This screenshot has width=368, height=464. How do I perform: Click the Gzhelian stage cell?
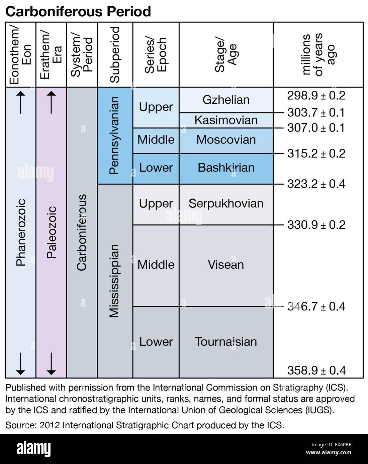(x=226, y=100)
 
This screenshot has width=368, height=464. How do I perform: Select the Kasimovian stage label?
(x=226, y=120)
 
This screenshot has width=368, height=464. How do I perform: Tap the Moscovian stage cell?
(x=226, y=140)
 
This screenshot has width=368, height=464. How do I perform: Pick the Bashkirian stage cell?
(x=226, y=168)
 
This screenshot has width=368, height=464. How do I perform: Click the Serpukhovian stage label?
(x=226, y=204)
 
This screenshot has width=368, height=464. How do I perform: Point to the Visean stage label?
(x=226, y=265)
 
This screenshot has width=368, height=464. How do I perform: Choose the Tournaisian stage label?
(x=226, y=342)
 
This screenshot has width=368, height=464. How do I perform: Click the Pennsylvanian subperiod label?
(x=114, y=135)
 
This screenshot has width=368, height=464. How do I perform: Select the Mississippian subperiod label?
(x=114, y=280)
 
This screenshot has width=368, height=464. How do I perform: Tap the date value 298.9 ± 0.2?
(x=316, y=96)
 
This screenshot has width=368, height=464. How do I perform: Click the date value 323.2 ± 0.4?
(x=316, y=184)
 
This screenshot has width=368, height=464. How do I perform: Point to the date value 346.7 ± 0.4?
(x=316, y=306)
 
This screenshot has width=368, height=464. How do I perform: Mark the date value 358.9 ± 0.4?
(x=316, y=370)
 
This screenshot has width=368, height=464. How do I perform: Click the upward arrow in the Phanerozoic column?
(x=20, y=103)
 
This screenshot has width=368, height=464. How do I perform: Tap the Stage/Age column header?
(x=226, y=55)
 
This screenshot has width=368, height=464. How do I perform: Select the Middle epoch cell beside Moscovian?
(x=156, y=140)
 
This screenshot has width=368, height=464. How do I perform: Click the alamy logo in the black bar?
(x=33, y=449)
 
